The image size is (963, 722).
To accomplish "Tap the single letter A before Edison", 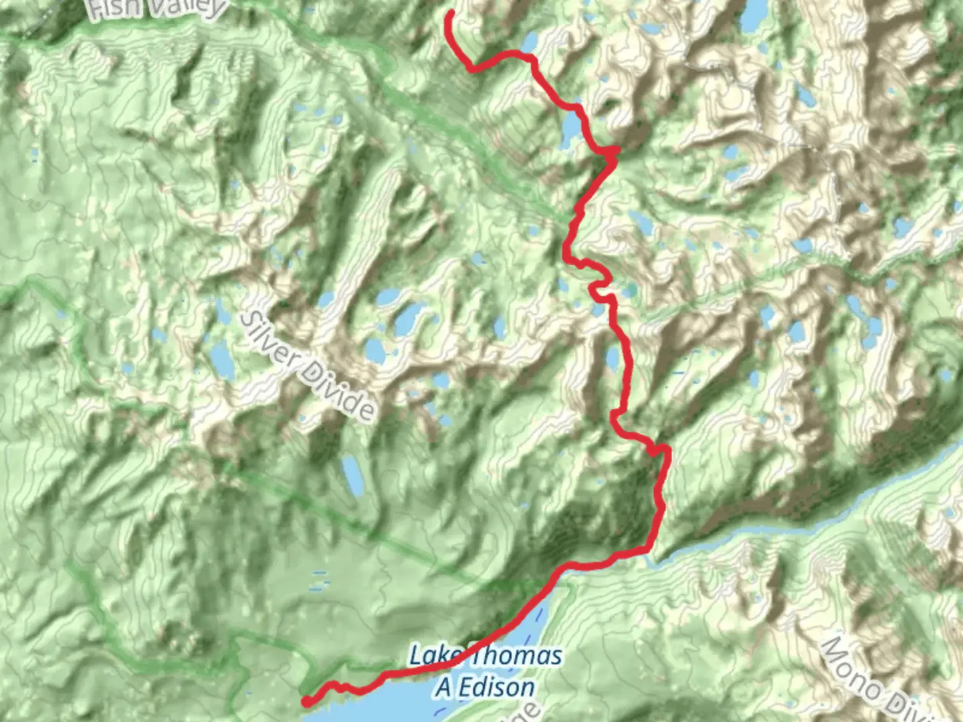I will click(443, 687).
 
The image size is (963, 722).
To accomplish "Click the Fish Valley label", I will click(156, 8).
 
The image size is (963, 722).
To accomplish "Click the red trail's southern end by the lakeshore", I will click(306, 701).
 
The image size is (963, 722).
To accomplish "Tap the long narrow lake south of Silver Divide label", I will click(352, 474).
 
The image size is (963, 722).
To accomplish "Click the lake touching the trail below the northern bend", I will click(570, 127).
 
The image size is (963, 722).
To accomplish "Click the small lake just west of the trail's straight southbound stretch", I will click(612, 357).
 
